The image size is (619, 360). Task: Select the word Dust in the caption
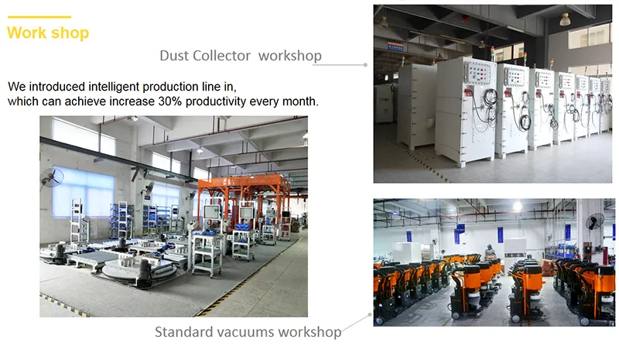click(x=175, y=56)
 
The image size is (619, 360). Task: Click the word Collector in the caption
click(x=222, y=56)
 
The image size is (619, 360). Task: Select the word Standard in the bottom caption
click(x=183, y=332)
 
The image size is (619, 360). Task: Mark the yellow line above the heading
click(x=39, y=17)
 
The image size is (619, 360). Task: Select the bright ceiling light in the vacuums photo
click(x=517, y=207)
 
